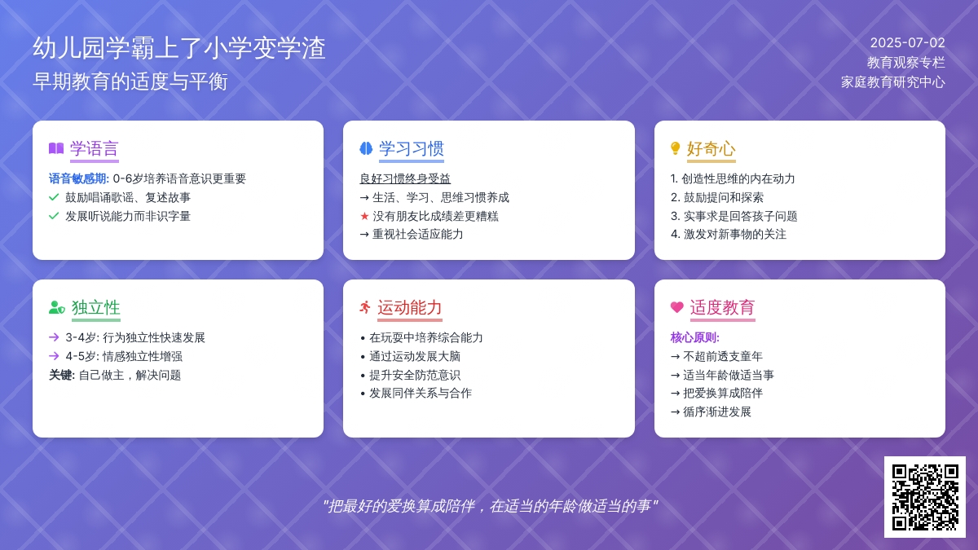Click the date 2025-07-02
click(907, 42)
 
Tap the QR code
click(925, 497)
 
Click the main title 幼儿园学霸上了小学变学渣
click(179, 47)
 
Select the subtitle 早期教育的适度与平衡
click(130, 81)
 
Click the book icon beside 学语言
click(56, 148)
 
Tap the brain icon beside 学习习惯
click(366, 148)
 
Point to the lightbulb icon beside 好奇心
click(675, 148)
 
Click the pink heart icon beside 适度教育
click(676, 307)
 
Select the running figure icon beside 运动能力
click(365, 307)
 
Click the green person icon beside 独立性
click(57, 307)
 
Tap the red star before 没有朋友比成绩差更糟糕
click(364, 216)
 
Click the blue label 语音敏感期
click(77, 178)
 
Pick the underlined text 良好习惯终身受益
click(405, 178)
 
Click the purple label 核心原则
click(694, 337)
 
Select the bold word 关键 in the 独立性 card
click(60, 375)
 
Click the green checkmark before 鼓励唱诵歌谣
click(54, 197)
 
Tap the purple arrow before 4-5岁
click(54, 356)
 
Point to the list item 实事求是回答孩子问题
click(741, 216)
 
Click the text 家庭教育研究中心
click(893, 82)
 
